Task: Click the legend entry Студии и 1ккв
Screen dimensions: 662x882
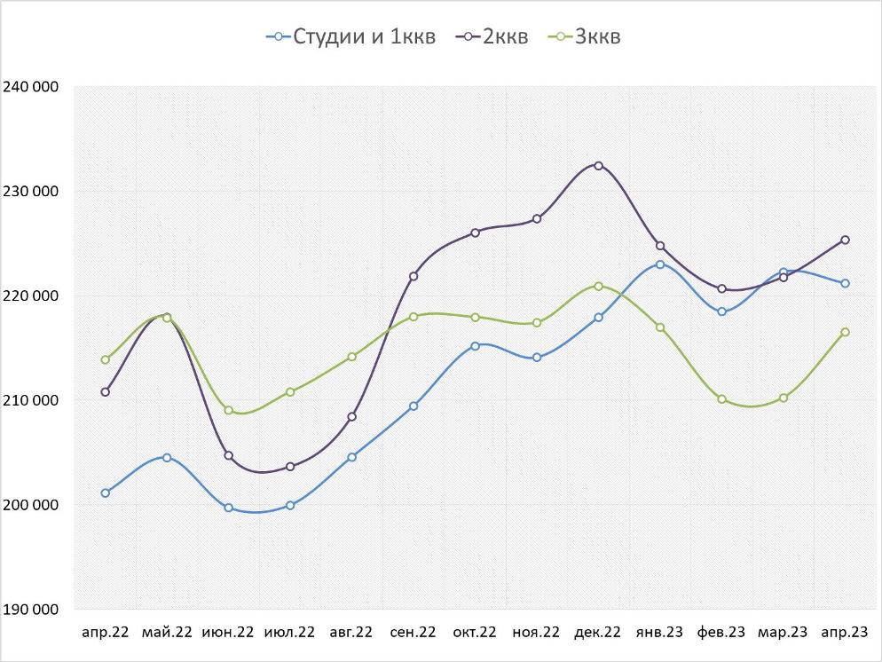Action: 351,36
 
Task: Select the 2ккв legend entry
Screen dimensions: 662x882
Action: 492,36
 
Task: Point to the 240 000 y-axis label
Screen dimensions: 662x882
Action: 31,87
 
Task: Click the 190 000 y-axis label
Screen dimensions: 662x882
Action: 31,610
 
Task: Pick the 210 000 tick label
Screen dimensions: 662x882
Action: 31,400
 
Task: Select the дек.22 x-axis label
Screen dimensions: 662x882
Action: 598,633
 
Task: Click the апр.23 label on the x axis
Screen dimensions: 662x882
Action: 845,633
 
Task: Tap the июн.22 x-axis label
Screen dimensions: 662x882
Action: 228,633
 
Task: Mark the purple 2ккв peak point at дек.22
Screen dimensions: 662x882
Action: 598,166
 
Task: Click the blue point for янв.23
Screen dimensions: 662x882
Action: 660,264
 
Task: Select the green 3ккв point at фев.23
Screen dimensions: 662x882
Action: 721,399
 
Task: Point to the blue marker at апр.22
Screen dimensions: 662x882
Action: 106,493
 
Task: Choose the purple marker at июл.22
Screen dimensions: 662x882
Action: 290,466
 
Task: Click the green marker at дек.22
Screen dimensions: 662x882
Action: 598,286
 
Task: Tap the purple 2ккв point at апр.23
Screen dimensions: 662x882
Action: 845,240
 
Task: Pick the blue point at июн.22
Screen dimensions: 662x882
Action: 229,508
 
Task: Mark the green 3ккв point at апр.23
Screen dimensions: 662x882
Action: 845,332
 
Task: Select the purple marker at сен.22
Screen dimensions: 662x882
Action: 413,276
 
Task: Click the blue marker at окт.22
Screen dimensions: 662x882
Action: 475,346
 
